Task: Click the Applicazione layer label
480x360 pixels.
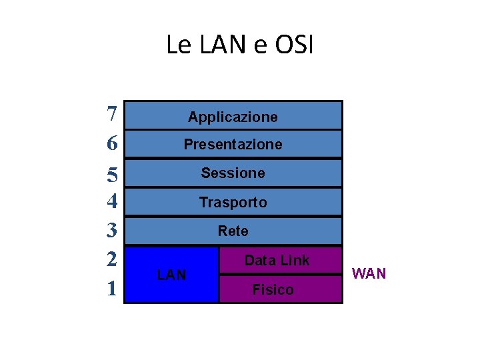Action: (233, 117)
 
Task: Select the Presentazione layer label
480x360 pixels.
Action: (233, 145)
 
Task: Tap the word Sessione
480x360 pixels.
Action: (233, 173)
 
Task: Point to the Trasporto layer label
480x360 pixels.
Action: (233, 203)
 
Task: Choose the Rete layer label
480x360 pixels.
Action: (233, 231)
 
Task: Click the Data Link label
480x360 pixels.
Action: (277, 261)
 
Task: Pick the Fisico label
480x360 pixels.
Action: (273, 290)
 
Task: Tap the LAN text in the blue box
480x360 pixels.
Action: (171, 275)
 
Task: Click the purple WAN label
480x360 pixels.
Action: (369, 274)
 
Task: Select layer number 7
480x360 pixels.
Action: (112, 114)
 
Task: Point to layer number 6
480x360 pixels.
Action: (112, 143)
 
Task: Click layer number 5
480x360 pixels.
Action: (112, 174)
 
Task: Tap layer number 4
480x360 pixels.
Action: (112, 201)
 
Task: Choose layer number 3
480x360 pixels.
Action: (112, 230)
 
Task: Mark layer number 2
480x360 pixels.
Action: (112, 259)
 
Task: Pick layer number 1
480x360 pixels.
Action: (112, 288)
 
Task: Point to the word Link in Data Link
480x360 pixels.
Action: (293, 261)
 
